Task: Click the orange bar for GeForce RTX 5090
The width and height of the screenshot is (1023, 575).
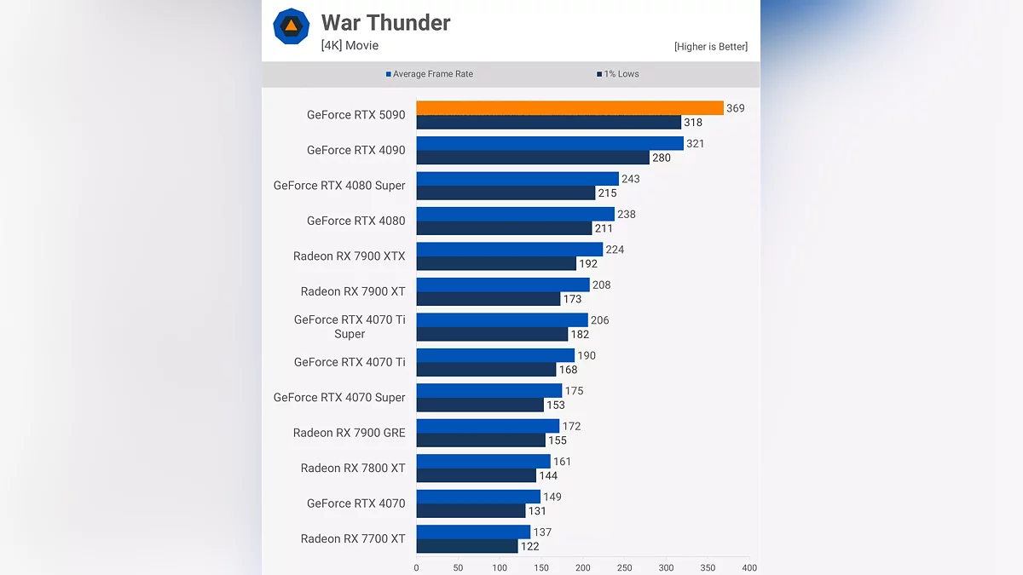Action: point(569,108)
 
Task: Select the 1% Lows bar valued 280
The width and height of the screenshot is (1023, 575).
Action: point(533,158)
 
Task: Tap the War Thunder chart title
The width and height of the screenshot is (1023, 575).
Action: point(385,23)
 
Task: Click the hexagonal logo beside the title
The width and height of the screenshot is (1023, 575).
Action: point(291,26)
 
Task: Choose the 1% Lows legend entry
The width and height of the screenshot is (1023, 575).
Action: point(618,74)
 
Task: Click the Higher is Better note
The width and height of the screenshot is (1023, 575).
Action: point(710,47)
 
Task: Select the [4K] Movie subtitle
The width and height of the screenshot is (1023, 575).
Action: point(350,45)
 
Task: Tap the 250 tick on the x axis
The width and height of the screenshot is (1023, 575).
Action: point(624,567)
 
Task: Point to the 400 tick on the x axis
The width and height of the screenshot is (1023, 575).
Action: point(748,567)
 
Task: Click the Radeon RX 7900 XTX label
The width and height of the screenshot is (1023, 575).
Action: point(349,256)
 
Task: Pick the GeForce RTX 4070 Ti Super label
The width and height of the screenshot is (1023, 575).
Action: point(350,327)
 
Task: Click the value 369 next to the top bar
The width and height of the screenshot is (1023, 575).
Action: point(735,108)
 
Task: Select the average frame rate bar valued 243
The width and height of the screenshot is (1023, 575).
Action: point(517,179)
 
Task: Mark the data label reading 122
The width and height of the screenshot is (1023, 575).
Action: point(529,547)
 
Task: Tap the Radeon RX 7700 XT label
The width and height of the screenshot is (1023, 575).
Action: point(353,539)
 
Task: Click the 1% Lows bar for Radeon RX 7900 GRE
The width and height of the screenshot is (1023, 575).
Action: point(481,440)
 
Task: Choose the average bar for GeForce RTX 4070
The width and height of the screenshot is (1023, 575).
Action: point(478,497)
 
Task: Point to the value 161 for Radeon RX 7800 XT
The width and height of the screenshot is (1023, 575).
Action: point(562,462)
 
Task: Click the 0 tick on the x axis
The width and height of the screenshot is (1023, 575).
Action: point(416,567)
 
